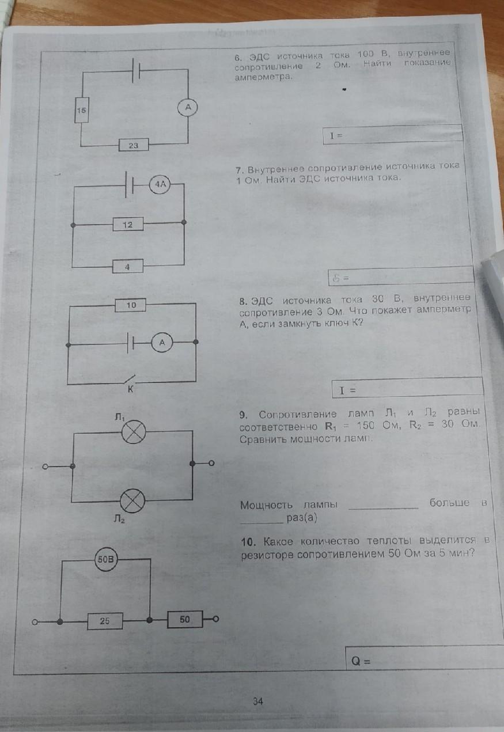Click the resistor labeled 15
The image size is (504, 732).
pos(82,110)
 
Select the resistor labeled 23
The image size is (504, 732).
pos(134,145)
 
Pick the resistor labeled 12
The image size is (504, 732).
pos(128,224)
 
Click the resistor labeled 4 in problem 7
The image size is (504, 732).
pos(127,266)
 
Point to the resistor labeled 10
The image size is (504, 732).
pos(130,305)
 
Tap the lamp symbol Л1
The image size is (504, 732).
pos(134,432)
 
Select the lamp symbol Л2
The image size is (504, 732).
pos(132,500)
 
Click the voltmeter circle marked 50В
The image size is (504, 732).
pos(105,559)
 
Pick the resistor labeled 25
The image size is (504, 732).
pos(105,621)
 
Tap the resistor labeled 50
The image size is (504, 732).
pos(185,619)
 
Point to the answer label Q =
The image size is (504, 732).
pos(361,661)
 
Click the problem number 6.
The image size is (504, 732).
pos(238,58)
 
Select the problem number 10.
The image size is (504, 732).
pos(248,542)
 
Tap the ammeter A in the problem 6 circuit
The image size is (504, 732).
pos(188,107)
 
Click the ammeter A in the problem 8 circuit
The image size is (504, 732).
pos(162,343)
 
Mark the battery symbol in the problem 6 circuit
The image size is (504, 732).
pos(137,70)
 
